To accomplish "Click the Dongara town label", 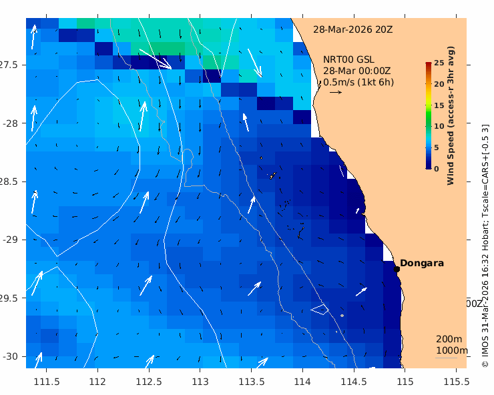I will tap(422, 263).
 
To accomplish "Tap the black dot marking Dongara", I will tap(397, 269).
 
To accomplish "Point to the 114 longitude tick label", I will tap(302, 381).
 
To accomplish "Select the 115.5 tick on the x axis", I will tap(456, 381).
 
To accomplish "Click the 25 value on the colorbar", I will tap(439, 63).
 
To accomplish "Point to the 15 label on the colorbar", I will tap(439, 105).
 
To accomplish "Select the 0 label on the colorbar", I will tap(437, 169).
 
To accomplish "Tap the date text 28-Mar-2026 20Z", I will tap(352, 29).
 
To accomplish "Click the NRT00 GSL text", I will tap(348, 59).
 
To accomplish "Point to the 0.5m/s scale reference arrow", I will tap(335, 92).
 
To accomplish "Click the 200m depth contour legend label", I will tap(449, 339).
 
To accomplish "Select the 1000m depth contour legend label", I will tap(451, 350).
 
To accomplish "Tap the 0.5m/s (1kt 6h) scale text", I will tap(358, 82).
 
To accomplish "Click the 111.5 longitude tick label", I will tap(47, 381).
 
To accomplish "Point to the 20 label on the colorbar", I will tap(439, 84).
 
